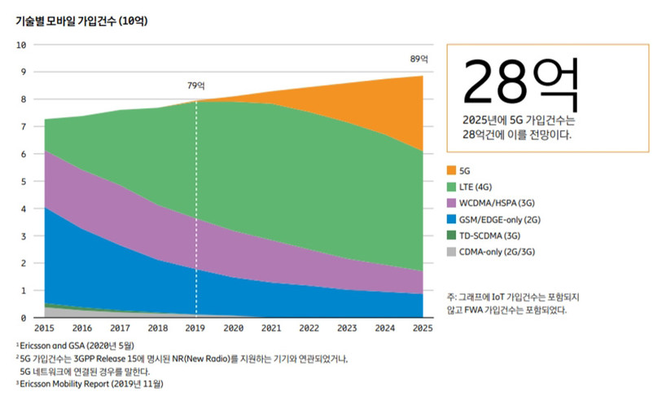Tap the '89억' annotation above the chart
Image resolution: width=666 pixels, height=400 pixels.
419,59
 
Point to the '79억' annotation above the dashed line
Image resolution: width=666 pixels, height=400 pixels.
196,86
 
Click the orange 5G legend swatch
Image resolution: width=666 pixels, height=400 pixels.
452,170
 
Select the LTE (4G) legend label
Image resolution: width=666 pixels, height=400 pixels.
481,187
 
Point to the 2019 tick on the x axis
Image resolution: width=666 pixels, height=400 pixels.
196,328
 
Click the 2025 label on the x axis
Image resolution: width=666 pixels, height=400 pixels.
423,328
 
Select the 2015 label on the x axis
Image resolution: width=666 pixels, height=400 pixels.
45,328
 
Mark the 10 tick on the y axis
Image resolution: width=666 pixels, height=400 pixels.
22,44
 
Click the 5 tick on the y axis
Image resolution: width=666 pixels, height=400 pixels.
24,181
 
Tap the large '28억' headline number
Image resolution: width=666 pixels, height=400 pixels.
520,82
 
